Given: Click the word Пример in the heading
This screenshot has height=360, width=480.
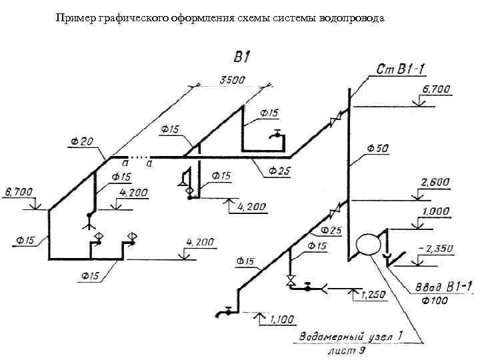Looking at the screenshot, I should click(x=75, y=18).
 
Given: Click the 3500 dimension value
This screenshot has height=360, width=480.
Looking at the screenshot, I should click(x=233, y=80).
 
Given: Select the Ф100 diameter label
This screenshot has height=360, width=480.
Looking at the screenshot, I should click(x=435, y=301).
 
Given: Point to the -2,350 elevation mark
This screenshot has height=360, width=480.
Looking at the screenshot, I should click(x=435, y=249).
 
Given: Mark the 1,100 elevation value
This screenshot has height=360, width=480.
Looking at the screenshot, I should click(x=282, y=320).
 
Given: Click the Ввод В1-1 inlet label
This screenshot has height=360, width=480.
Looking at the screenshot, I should click(x=442, y=287).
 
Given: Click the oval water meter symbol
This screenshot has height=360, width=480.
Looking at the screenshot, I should click(x=367, y=244).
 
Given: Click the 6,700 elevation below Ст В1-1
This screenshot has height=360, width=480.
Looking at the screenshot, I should click(x=435, y=89).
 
